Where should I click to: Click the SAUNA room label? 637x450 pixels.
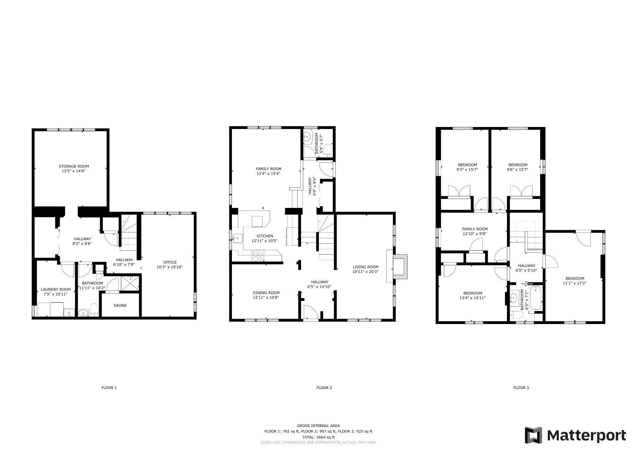120,305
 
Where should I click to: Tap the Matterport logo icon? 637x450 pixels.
533,435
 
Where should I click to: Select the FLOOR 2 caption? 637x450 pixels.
324,388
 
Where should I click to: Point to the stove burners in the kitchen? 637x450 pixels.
258,257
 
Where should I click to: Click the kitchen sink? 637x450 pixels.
238,238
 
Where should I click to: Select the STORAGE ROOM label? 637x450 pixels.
74,166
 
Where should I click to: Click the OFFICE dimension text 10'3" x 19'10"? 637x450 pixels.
170,267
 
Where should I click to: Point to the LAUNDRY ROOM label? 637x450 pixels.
56,289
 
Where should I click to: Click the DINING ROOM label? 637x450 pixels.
266,293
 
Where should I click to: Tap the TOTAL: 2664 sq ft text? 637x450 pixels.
318,437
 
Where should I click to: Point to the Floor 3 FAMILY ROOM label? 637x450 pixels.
474,229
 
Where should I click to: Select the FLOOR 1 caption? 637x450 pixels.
109,388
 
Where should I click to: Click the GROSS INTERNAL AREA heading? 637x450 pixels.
318,426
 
